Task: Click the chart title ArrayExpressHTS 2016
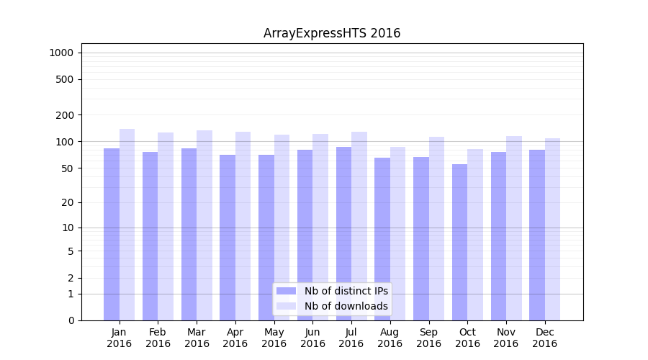coord(332,33)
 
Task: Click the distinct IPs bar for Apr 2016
coord(228,238)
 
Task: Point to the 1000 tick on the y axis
coord(61,53)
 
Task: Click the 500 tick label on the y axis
coord(64,79)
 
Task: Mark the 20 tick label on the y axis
coord(67,202)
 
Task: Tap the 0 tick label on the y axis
coord(71,320)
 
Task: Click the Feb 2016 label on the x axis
coord(158,338)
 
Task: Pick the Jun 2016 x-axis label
coord(312,338)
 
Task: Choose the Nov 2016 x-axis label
coord(506,338)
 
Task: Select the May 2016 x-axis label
coord(274,338)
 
